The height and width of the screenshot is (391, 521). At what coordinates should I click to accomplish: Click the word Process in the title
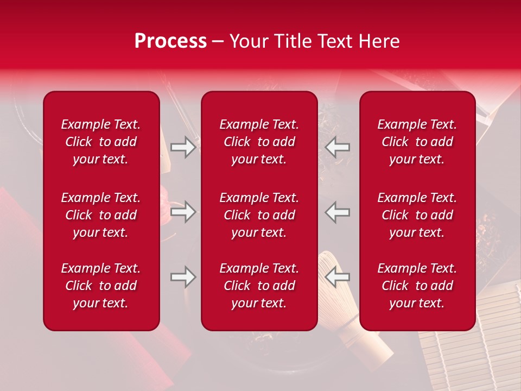pos(170,41)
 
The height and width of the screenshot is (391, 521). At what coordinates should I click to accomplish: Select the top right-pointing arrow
pos(183,147)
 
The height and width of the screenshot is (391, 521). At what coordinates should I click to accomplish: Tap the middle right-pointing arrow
pos(183,212)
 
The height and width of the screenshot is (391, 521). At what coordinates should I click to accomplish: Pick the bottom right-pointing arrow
pos(183,277)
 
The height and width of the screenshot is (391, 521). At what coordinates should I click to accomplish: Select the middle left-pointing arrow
pos(337,212)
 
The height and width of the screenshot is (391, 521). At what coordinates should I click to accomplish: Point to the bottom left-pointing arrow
pos(337,277)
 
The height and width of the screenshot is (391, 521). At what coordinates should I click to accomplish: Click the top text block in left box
pos(101,142)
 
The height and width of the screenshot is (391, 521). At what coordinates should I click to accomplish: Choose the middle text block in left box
pos(101,215)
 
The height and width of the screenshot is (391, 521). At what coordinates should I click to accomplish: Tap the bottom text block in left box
pos(101,286)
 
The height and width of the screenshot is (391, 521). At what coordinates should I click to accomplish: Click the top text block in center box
pos(259,142)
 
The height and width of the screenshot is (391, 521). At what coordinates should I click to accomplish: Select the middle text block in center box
pos(259,215)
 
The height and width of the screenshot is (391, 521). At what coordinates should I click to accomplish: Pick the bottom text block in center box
pos(259,286)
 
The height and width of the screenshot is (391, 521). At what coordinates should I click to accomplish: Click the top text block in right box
pos(417,142)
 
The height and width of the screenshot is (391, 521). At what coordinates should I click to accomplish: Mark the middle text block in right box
pos(417,215)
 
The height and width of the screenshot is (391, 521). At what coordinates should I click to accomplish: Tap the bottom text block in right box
pos(417,286)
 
